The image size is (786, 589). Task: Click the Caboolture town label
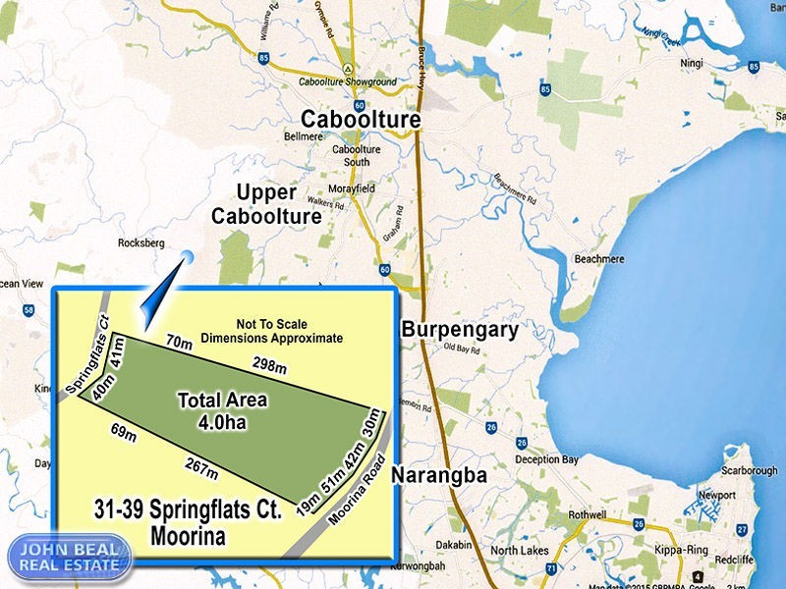click(x=361, y=120)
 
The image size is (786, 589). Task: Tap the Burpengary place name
click(x=459, y=330)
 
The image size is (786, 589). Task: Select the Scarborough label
click(x=749, y=471)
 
